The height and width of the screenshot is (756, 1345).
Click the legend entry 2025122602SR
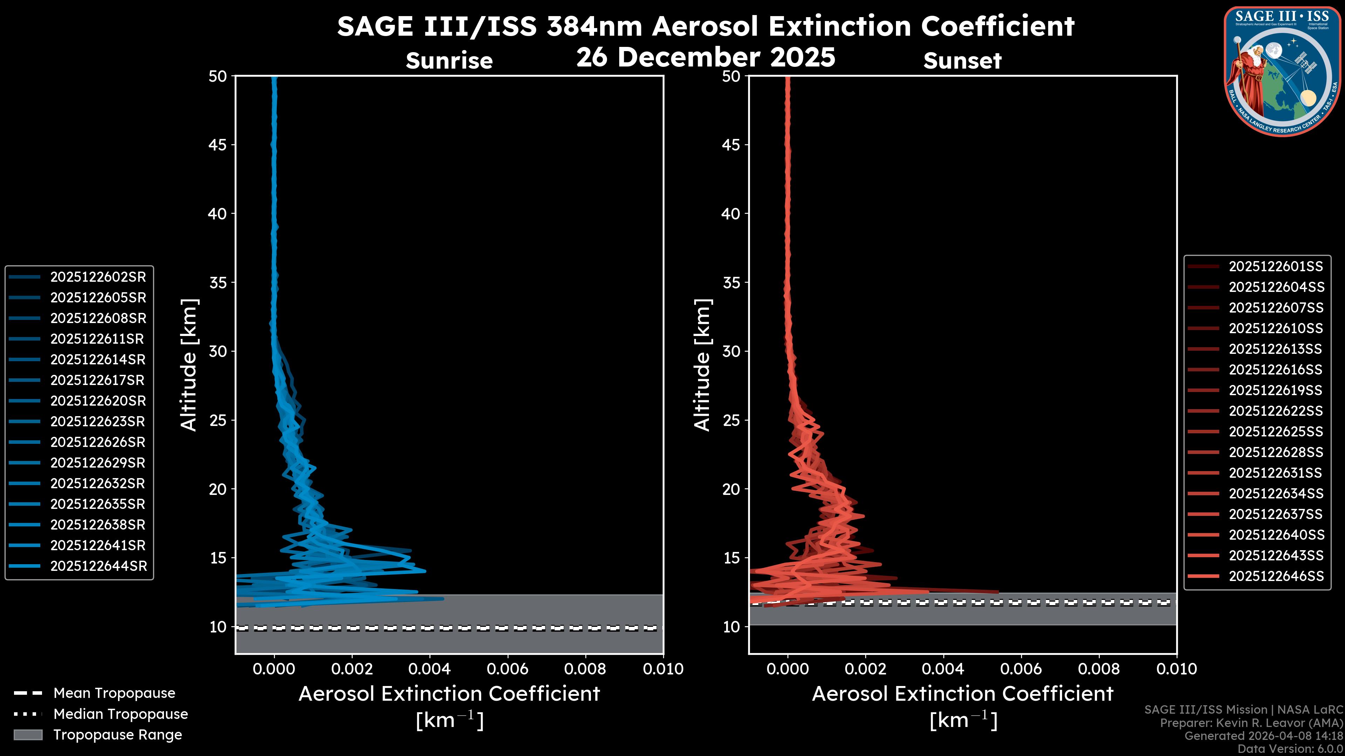[x=98, y=277]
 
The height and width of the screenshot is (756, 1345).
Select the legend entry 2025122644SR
[x=98, y=566]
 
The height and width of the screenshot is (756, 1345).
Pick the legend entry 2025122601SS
[x=1276, y=267]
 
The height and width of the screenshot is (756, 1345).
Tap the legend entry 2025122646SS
[x=1276, y=576]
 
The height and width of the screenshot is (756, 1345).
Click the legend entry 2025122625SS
[x=1276, y=432]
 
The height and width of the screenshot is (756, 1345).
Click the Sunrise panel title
[x=449, y=61]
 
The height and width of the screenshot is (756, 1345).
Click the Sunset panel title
[x=962, y=61]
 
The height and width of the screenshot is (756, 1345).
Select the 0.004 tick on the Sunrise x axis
[x=429, y=669]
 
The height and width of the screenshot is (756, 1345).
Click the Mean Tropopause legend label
[x=114, y=693]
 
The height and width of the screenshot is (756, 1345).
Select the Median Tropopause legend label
[x=120, y=714]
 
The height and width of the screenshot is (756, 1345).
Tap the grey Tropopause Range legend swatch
[x=28, y=735]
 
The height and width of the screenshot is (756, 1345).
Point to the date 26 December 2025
[x=706, y=57]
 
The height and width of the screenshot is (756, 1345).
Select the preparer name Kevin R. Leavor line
[x=1251, y=723]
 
